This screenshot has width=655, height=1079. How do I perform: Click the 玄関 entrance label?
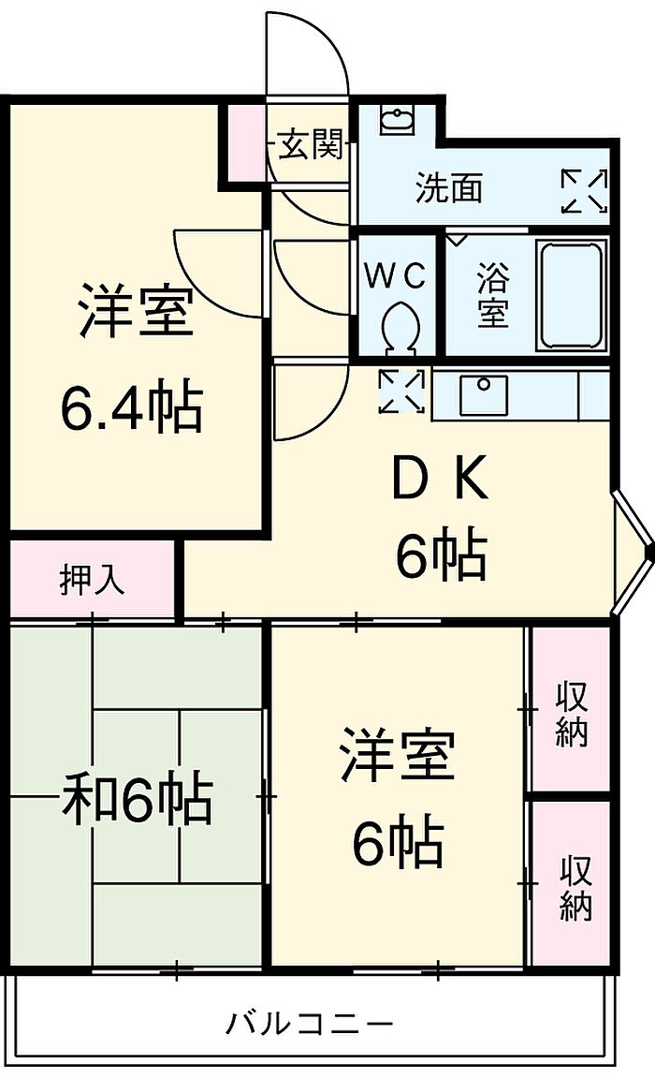coord(310,146)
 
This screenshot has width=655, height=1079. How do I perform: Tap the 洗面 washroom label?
coord(449,188)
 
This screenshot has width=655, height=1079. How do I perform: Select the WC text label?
coord(395,275)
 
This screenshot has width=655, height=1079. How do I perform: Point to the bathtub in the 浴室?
coord(571,294)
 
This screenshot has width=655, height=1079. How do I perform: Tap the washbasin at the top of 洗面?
coord(399,119)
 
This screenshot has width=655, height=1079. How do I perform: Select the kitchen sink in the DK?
coord(483,394)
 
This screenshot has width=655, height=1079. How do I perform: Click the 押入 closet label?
coord(92,581)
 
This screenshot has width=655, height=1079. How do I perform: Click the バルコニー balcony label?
coord(310,1023)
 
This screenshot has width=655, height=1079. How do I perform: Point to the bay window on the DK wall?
coord(632,552)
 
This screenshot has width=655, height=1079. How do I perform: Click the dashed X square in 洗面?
coord(585,190)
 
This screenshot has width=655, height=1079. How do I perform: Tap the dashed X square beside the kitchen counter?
coord(402,392)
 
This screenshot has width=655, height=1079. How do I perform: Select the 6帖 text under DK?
coord(440,554)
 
